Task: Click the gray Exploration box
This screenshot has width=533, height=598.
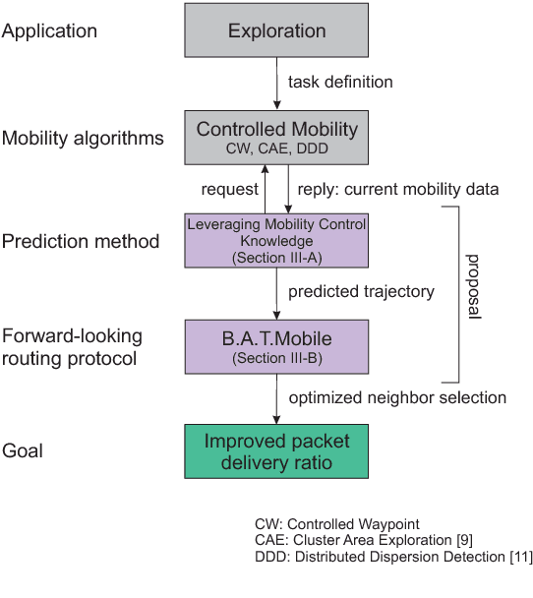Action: point(276,31)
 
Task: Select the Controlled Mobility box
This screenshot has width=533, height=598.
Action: point(276,137)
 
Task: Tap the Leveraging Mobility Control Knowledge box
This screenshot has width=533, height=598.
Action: point(276,239)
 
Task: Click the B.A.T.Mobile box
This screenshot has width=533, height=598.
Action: point(276,345)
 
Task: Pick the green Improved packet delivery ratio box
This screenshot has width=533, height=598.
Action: point(276,451)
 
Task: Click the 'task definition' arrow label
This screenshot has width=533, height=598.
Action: point(339,82)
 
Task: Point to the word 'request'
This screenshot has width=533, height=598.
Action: point(229,188)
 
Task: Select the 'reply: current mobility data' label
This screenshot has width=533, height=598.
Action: point(393,188)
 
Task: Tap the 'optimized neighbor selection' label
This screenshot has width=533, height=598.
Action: point(397,397)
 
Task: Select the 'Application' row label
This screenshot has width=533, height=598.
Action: point(49,31)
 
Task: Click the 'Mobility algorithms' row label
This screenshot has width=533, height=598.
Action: point(83,138)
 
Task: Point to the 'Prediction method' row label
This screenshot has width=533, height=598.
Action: point(80,241)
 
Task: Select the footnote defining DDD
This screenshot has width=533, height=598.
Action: point(392,557)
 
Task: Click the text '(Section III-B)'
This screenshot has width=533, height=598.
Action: point(276,359)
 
